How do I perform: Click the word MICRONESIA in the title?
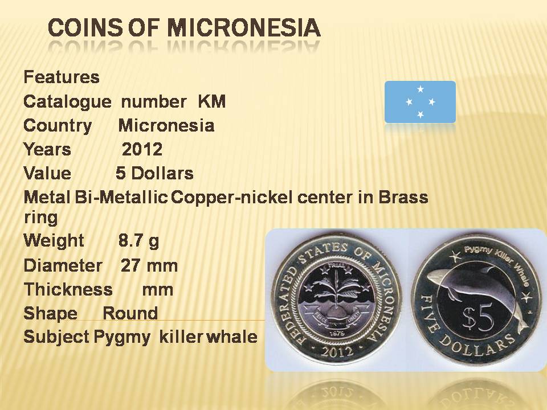[243, 28]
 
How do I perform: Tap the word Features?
[62, 77]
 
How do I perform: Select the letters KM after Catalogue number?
[212, 101]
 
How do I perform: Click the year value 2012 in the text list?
[142, 149]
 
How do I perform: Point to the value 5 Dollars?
[154, 173]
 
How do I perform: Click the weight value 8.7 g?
[138, 240]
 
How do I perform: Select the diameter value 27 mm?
[149, 266]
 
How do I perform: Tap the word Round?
[130, 313]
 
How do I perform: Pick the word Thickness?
[68, 289]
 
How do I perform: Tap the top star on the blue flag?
[421, 89]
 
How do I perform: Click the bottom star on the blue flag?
[421, 114]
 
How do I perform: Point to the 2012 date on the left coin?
[337, 351]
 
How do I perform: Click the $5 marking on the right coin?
[478, 318]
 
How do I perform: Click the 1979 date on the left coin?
[337, 334]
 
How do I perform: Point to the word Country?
[58, 125]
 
